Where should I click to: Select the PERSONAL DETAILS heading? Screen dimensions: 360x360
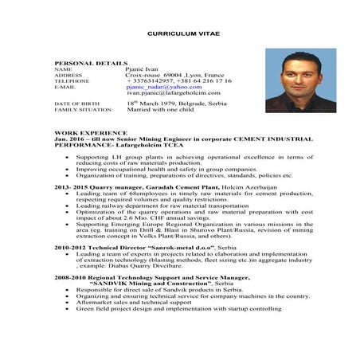pos(91,62)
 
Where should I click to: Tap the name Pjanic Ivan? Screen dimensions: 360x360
pos(142,69)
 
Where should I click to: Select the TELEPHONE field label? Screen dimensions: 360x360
pos(72,81)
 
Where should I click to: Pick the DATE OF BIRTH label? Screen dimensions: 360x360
pos(75,104)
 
